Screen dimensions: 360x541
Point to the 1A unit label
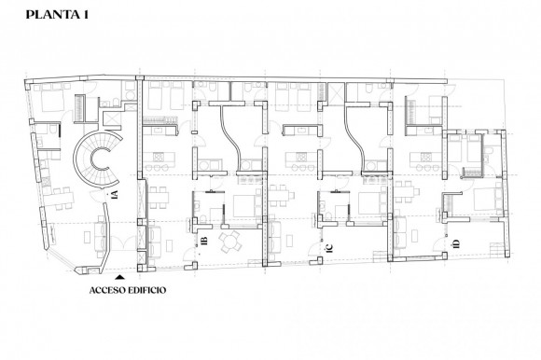(114, 196)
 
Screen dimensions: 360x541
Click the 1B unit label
(203, 242)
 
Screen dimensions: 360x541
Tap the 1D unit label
(456, 244)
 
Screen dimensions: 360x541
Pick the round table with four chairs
(229, 241)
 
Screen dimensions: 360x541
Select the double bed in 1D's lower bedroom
(485, 200)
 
